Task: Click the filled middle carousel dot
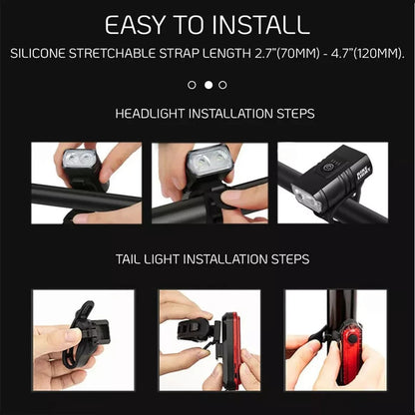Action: [x=207, y=85]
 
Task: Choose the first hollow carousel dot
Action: [x=193, y=85]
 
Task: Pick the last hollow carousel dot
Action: [x=222, y=85]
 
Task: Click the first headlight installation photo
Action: [x=87, y=183]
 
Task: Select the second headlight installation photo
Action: [x=209, y=183]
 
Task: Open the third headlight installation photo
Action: [x=332, y=183]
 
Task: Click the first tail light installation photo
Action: [x=83, y=339]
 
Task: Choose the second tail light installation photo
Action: [x=209, y=339]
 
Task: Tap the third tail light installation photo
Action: [x=335, y=339]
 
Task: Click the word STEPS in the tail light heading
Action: [x=287, y=259]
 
